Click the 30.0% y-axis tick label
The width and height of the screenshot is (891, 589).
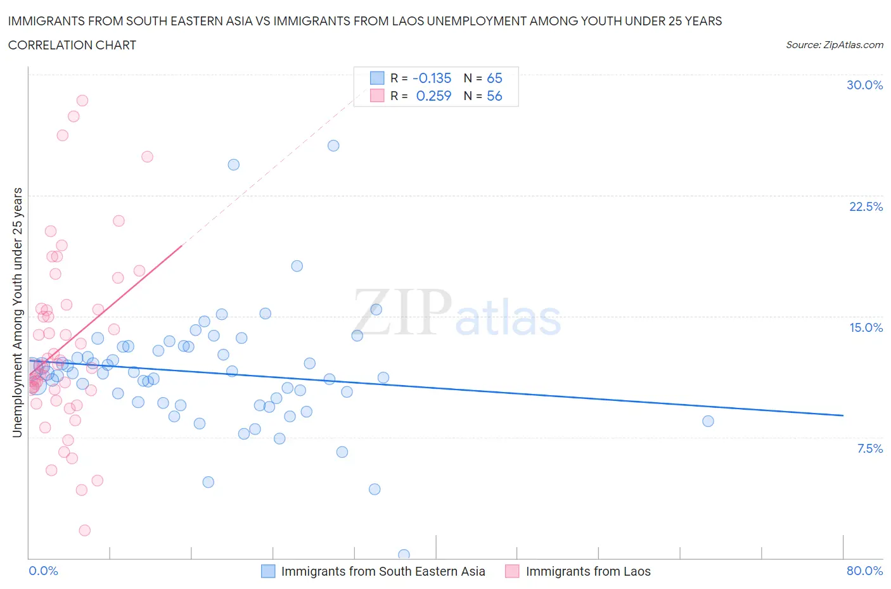coord(864,85)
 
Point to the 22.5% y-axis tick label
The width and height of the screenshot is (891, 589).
coord(866,206)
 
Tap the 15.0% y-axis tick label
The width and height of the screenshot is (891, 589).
coord(866,327)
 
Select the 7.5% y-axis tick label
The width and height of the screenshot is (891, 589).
coord(869,448)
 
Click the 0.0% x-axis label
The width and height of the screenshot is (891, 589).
coord(43,571)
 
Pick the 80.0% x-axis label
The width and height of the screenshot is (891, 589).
coord(864,571)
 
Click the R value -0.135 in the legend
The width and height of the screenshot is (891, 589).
coord(432,78)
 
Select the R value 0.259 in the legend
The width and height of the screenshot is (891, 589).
coord(433,96)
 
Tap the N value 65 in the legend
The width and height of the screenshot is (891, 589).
coord(494,78)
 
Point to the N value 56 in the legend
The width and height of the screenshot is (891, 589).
coord(494,96)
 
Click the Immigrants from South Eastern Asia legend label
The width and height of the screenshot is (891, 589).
coord(383,571)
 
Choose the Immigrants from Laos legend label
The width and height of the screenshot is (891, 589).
coord(588,571)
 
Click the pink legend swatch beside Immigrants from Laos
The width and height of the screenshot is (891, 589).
coord(512,571)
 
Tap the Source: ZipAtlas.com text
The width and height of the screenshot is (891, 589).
coord(834,45)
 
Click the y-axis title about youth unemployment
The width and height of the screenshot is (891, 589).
coord(17,312)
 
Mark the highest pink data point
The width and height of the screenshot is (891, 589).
coord(82,100)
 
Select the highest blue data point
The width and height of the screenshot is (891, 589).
coord(333,146)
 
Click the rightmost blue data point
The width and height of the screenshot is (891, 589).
coord(708,421)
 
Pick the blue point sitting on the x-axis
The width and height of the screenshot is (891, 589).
coord(404,555)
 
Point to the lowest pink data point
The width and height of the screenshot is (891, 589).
coord(84,530)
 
